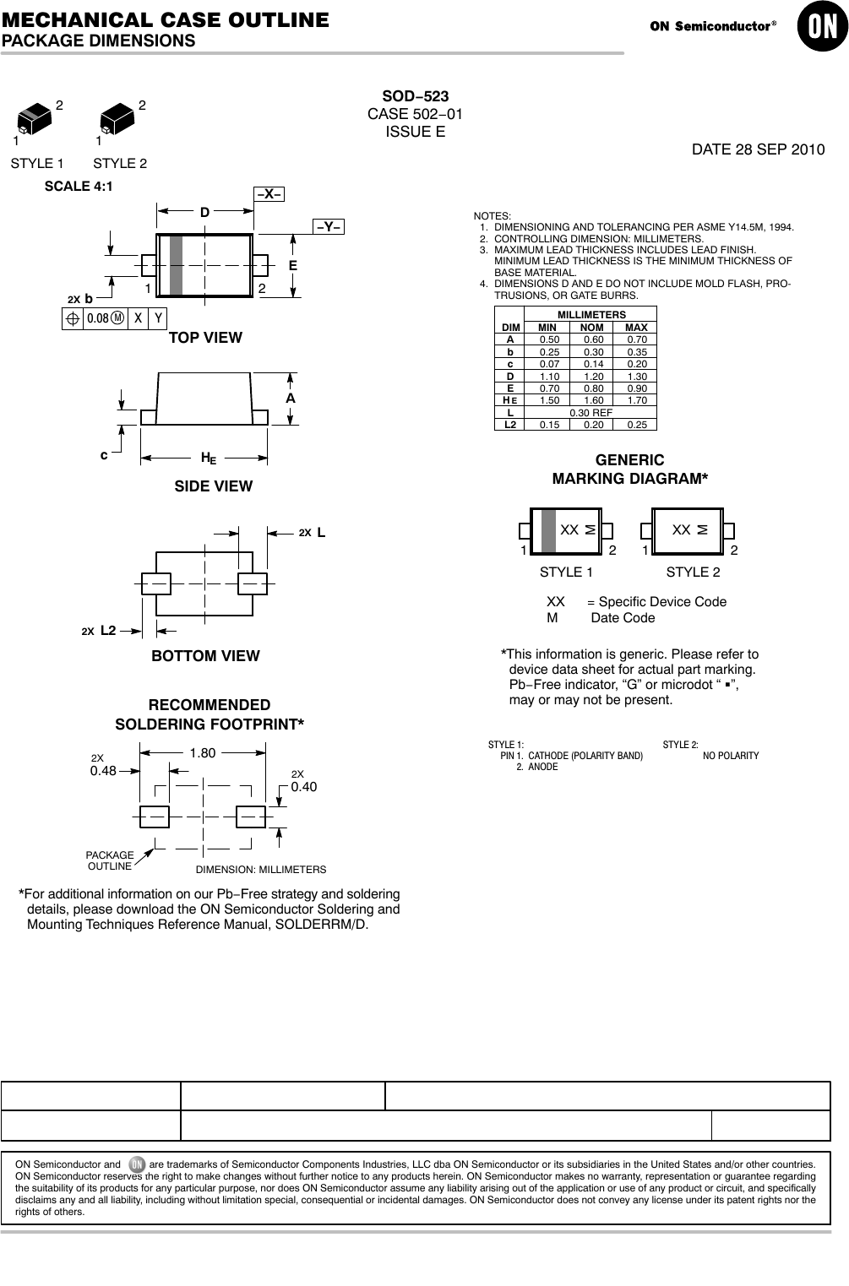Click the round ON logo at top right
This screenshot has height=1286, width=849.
820,28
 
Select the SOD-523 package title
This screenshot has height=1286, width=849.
415,96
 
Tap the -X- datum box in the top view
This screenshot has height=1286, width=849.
269,194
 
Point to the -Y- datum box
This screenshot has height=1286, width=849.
329,226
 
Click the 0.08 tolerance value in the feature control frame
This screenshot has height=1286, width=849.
98,318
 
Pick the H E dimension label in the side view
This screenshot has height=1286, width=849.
208,458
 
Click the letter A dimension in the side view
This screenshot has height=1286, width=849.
291,397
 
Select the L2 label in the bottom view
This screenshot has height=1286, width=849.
107,630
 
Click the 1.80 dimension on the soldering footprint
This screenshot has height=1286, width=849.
203,752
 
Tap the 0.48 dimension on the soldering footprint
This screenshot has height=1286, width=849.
103,770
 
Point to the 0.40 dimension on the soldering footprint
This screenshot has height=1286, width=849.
304,786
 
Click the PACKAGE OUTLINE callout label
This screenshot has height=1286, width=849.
110,860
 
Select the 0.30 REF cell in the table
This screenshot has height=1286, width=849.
590,412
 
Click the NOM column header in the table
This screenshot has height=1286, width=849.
591,327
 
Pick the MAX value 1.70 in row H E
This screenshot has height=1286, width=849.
636,400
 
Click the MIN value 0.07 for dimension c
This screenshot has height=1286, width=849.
548,364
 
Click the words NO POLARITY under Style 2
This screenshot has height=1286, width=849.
731,755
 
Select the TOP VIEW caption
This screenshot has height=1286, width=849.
205,338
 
